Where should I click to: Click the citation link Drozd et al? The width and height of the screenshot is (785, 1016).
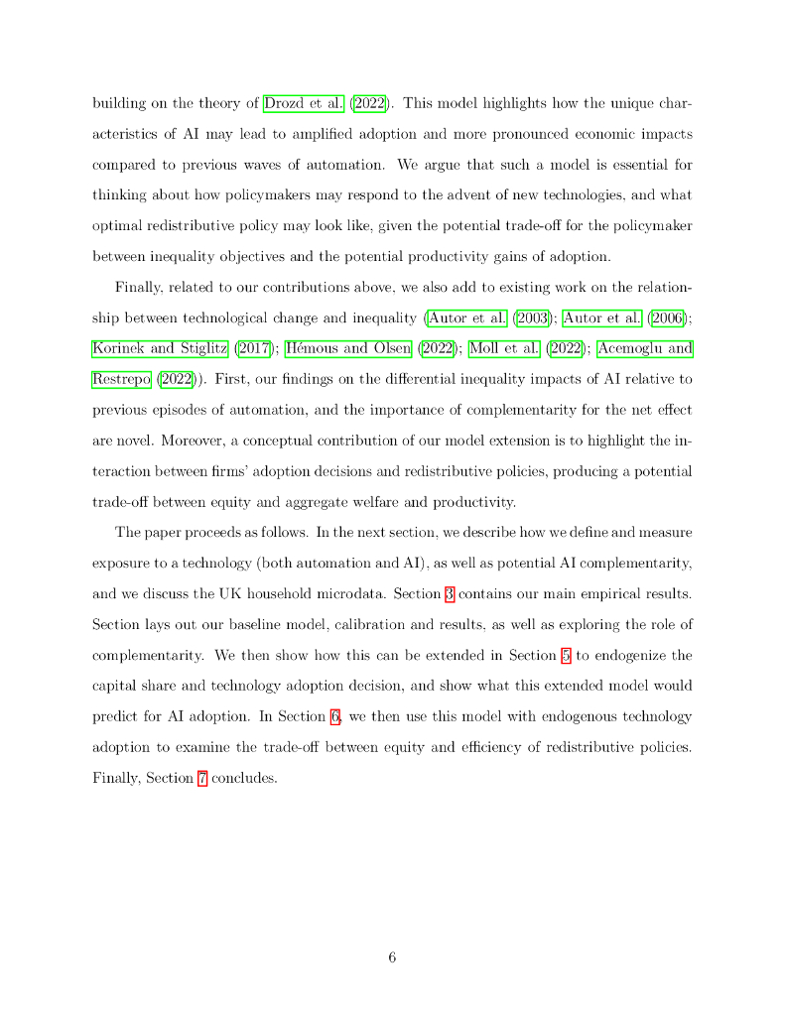(x=303, y=103)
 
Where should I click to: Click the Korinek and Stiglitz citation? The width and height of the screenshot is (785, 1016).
(x=161, y=348)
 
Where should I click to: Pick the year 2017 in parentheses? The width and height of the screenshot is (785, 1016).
(x=255, y=348)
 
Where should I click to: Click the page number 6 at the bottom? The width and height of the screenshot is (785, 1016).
(x=393, y=957)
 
